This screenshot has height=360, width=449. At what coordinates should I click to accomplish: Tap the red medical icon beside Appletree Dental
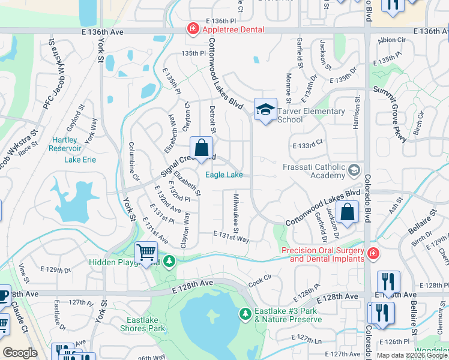(x=193, y=28)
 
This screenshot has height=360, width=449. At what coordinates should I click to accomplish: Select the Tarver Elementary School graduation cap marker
(x=265, y=110)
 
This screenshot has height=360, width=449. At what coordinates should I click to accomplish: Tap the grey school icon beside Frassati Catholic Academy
(x=354, y=170)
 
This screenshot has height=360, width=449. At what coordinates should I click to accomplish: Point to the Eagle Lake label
(x=224, y=175)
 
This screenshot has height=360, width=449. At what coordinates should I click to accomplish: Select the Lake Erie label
(x=80, y=160)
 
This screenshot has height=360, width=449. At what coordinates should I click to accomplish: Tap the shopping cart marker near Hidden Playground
(x=146, y=253)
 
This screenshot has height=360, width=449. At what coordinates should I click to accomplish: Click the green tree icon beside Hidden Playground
(x=170, y=262)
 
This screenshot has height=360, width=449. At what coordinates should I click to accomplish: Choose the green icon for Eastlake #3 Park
(x=245, y=313)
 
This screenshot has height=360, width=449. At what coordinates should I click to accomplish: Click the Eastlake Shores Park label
(x=146, y=324)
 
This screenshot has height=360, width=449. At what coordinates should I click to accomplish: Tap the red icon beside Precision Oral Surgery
(x=373, y=254)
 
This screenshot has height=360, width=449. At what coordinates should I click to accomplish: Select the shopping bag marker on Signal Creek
(x=202, y=148)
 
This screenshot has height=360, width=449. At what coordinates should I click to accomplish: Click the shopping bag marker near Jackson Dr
(x=348, y=212)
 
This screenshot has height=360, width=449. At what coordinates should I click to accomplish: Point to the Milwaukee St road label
(x=236, y=214)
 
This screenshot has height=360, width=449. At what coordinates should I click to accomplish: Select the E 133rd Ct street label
(x=308, y=145)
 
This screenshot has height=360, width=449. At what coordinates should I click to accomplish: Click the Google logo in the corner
(x=20, y=353)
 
